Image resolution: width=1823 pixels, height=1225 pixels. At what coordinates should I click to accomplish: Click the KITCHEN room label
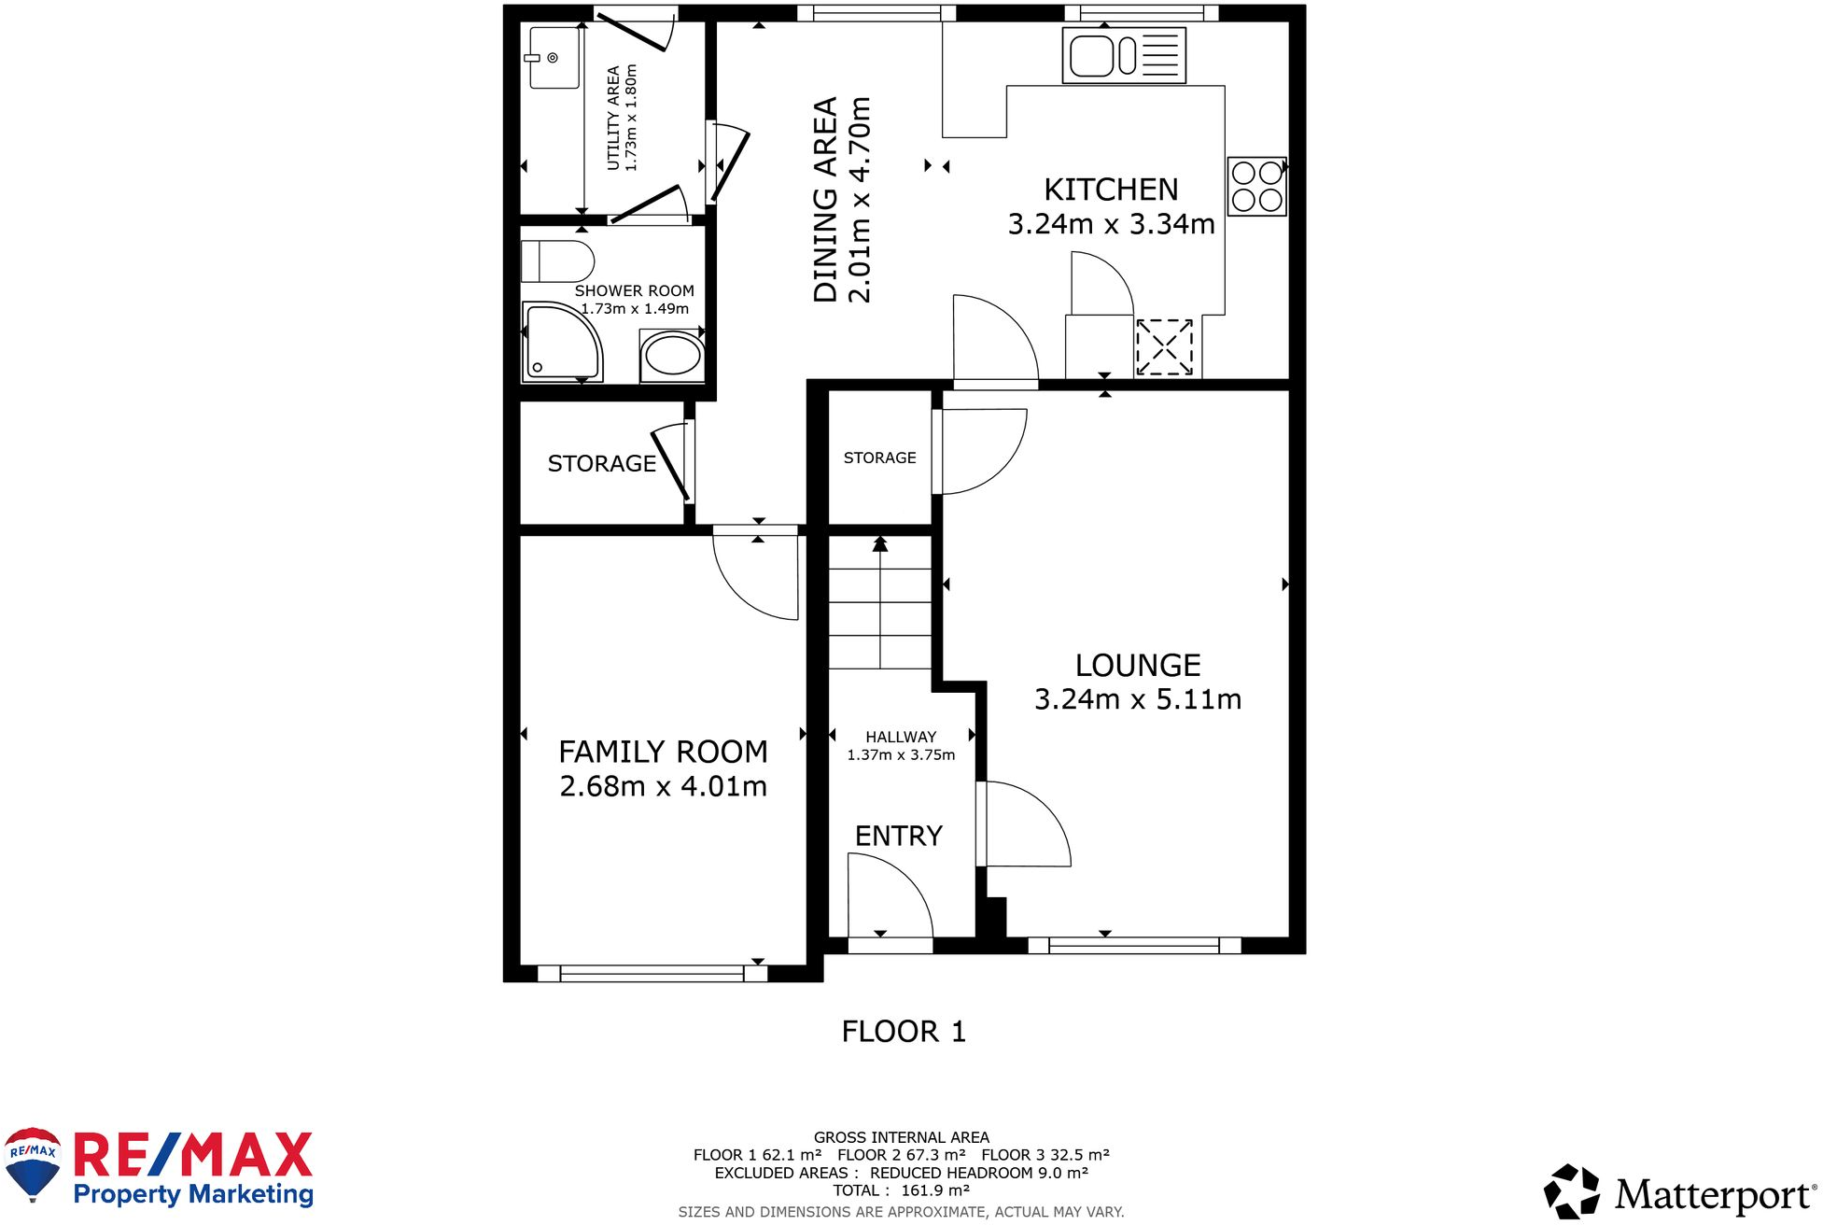coord(1110,190)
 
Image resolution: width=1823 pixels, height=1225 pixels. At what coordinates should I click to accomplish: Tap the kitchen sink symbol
coord(1123,56)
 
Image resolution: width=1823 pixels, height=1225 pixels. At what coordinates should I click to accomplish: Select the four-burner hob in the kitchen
coord(1255,187)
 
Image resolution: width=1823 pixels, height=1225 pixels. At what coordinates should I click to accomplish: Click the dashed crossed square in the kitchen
coord(1164,347)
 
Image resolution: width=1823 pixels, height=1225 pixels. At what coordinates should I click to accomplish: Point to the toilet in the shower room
coord(557,261)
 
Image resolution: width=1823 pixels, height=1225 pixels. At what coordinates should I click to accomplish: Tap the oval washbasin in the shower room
coord(672,356)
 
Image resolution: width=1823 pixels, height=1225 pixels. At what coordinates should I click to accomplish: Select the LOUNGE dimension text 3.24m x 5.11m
coord(1137,699)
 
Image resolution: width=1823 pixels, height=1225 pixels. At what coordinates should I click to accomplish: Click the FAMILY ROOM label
coord(663,752)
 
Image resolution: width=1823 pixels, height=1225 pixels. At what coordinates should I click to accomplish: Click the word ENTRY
coord(898,836)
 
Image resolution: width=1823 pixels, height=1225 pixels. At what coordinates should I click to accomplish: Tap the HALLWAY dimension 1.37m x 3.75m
coord(901,755)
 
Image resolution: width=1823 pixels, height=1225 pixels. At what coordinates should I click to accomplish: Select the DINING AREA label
coord(825,200)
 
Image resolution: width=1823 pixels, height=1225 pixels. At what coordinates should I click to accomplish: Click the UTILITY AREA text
coord(613,118)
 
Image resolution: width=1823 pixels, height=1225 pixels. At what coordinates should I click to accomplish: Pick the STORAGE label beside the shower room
coord(601,464)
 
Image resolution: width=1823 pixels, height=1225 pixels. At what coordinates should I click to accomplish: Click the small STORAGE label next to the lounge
coord(879,458)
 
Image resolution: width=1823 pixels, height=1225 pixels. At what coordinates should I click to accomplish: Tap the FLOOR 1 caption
coord(903,1032)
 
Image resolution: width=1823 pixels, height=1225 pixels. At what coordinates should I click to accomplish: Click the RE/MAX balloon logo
coord(33,1163)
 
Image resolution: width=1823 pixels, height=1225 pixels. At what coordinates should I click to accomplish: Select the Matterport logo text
coord(1714,1194)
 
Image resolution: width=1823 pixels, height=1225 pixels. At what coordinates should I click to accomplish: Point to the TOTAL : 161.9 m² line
coord(901,1190)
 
